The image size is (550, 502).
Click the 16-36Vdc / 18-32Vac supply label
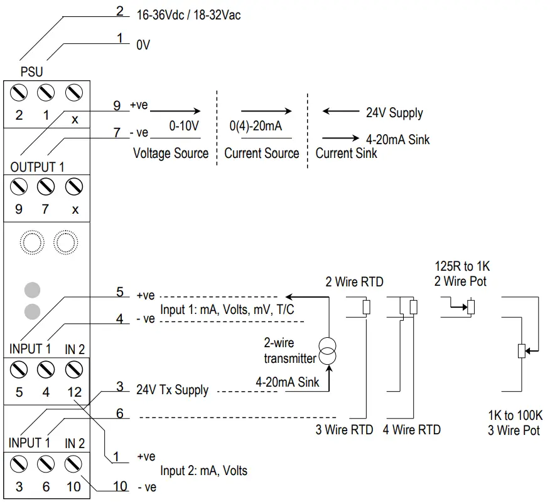point(188,14)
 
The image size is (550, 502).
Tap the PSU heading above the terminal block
point(31,72)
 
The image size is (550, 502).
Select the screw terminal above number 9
point(19,186)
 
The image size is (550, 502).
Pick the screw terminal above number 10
point(75,464)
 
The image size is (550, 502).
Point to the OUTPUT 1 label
point(37,167)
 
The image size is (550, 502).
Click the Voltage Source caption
point(171,153)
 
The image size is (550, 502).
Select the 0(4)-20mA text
point(256,126)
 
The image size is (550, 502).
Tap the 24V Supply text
point(394,113)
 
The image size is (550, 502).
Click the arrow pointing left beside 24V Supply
point(340,112)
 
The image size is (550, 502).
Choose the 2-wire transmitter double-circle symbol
point(326,351)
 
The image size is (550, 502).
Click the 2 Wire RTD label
point(354,282)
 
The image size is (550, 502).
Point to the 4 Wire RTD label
point(412,429)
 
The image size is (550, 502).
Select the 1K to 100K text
point(515,416)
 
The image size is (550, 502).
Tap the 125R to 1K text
point(461,266)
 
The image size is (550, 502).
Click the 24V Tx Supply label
point(172,390)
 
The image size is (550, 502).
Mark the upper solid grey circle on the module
point(32,289)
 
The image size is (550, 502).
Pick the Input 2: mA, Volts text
point(203,471)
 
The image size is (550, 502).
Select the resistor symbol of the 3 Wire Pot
point(520,351)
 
